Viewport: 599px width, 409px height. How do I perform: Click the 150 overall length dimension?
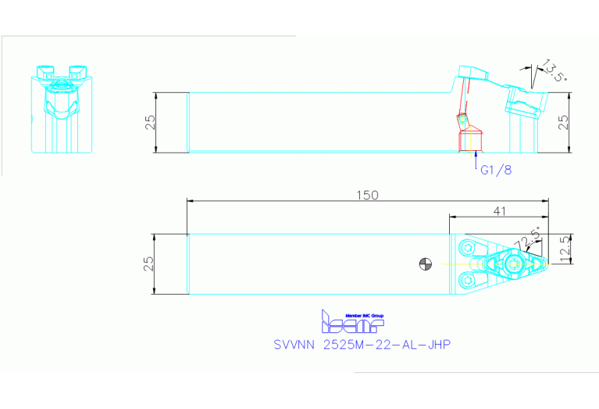coord(367,196)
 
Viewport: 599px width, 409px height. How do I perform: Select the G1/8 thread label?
coord(494,169)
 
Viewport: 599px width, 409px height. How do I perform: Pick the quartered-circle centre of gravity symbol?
coord(425,264)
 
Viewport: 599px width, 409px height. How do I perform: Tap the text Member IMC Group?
coord(364,316)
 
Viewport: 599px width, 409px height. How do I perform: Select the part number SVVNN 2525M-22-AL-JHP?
coord(362,345)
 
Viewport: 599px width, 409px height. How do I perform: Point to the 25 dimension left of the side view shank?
coord(152,122)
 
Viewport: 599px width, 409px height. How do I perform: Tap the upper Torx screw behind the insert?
coord(468,247)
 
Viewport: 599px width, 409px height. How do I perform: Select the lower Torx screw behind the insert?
coord(469,279)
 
